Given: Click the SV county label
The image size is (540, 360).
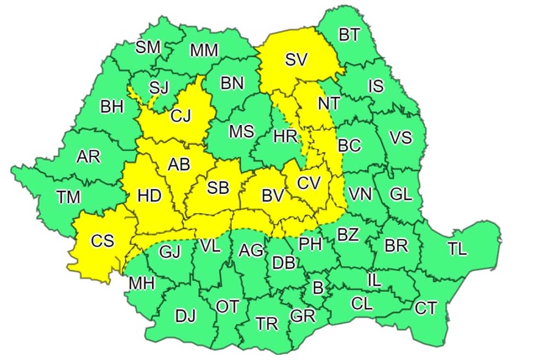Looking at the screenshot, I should (296, 60).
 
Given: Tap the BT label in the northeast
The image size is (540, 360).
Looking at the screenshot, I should (350, 35).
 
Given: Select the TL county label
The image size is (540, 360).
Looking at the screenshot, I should (457, 248).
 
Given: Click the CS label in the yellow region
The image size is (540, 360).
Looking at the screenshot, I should (102, 241).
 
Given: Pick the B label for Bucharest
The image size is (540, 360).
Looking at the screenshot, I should (318, 287).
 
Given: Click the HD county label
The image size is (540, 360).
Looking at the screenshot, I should (149, 195).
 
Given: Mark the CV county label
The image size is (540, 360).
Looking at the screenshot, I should (309, 182).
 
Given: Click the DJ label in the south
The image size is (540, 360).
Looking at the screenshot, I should (185, 316).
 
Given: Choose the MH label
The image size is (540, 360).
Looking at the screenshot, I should (141, 283).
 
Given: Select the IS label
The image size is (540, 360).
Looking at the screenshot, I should (376, 86).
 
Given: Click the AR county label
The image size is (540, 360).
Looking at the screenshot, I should (89, 156).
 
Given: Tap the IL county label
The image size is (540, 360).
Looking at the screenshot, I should (374, 279).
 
